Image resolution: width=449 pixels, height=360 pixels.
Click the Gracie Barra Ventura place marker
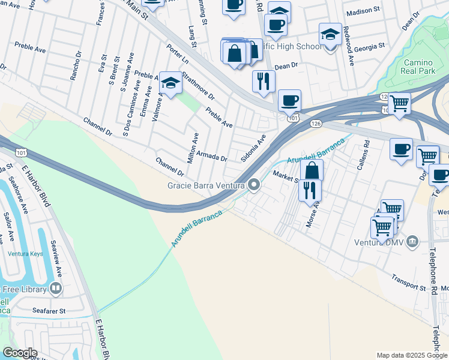[x=254, y=185]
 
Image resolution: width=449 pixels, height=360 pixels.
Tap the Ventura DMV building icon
[x=412, y=242]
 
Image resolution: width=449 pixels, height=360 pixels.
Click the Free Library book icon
[x=56, y=289]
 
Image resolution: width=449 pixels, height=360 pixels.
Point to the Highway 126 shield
[x=316, y=123]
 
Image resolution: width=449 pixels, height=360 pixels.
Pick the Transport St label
[x=408, y=284]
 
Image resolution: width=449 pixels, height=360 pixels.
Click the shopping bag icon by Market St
[x=312, y=170]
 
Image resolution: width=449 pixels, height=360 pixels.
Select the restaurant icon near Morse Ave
[x=309, y=190]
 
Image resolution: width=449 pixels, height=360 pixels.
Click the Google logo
[x=19, y=353]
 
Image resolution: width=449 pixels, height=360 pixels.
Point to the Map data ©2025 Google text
[x=411, y=355]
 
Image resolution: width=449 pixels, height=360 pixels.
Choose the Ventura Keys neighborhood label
[x=25, y=254]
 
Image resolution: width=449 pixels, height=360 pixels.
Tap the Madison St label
[x=364, y=11]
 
